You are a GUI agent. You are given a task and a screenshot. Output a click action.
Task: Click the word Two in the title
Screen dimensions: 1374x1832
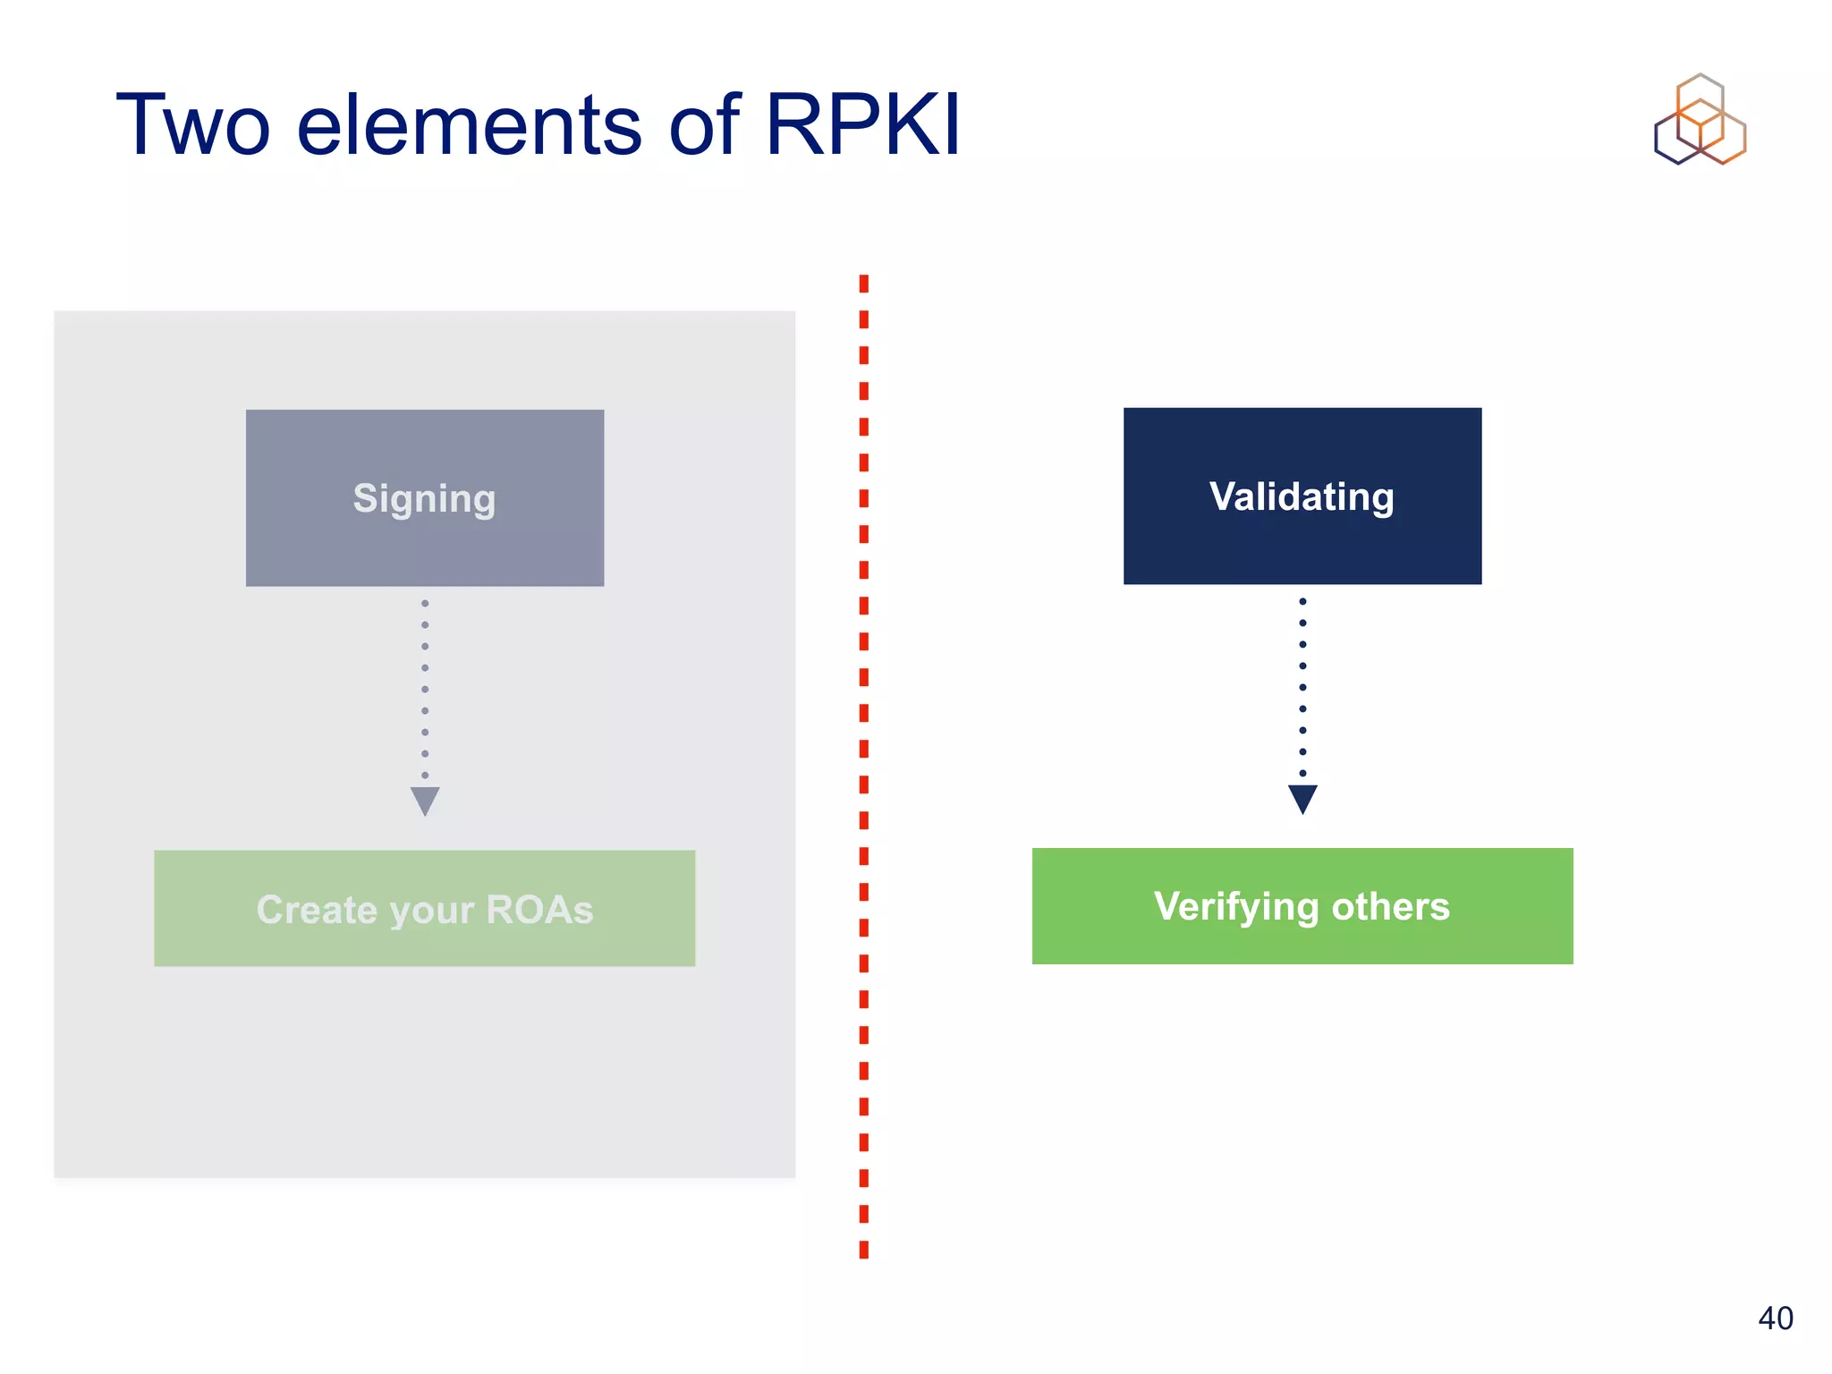(x=192, y=125)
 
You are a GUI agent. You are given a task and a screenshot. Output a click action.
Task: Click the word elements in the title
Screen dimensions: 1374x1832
(x=469, y=125)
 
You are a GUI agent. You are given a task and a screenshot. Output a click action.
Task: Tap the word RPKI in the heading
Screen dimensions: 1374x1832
(x=862, y=125)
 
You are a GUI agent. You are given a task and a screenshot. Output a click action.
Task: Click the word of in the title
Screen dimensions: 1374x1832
(x=704, y=125)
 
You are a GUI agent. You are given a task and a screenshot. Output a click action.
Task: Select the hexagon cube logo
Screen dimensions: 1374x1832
(x=1700, y=120)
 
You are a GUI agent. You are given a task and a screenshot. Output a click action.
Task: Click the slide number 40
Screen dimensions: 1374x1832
(x=1775, y=1318)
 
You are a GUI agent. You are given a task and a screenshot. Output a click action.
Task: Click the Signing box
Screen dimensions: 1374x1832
(x=425, y=498)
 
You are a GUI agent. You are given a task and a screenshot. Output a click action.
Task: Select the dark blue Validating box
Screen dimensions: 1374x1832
(x=1302, y=496)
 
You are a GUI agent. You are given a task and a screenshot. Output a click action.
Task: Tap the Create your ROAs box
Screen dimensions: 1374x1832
(x=425, y=908)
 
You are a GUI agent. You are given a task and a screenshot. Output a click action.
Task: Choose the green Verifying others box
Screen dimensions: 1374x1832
(x=1302, y=906)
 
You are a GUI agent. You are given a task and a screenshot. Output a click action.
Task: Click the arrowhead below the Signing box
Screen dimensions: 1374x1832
(x=425, y=800)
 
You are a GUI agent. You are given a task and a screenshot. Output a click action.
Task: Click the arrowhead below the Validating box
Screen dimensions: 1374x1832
(x=1302, y=798)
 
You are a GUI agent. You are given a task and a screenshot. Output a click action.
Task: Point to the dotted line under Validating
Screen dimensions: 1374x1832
(x=1302, y=687)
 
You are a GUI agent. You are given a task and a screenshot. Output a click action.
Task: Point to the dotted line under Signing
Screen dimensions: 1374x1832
(x=425, y=689)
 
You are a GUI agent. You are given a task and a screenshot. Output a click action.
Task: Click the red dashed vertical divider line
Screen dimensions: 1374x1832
(x=863, y=766)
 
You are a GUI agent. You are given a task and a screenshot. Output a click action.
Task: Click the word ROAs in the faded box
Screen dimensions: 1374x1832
(x=539, y=910)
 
